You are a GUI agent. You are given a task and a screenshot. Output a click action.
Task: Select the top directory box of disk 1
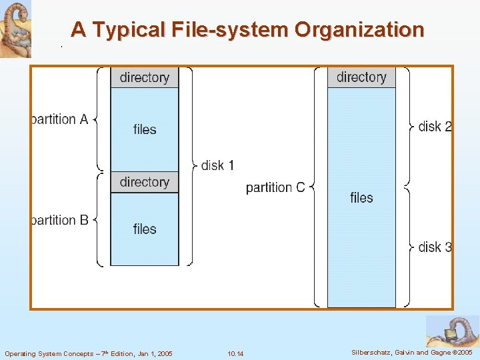145,77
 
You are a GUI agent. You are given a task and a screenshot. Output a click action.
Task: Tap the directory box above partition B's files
145,182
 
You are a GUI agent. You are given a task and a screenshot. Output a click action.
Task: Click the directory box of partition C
361,77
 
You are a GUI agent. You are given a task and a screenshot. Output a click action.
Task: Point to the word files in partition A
145,129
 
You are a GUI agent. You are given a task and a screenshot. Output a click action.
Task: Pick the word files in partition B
145,229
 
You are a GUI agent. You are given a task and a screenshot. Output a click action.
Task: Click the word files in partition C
361,197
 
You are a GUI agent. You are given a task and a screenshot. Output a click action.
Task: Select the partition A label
60,119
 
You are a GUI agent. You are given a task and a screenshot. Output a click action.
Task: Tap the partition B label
60,220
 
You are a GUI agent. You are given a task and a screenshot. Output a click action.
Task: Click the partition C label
275,187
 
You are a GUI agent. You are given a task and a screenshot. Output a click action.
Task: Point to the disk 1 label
217,165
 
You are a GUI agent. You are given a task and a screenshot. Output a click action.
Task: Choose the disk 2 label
435,126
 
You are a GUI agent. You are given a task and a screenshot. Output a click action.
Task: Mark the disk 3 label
435,247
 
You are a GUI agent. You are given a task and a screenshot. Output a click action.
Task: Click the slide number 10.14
235,353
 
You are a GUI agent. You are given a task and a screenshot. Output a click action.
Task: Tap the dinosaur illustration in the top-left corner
15,29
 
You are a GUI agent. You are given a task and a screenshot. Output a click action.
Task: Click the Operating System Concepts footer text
89,353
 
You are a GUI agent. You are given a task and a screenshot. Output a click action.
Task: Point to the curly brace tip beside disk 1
195,165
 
